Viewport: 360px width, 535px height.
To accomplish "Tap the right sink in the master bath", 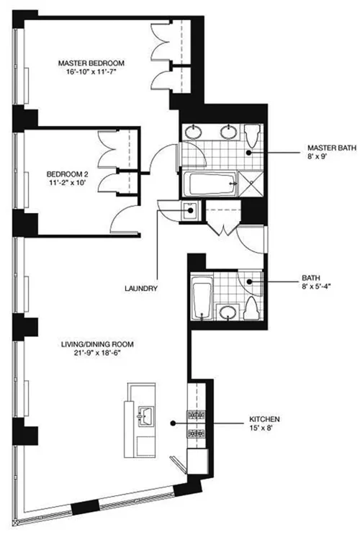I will click(x=230, y=132).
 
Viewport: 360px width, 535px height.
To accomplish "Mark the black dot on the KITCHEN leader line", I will click(x=173, y=423).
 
